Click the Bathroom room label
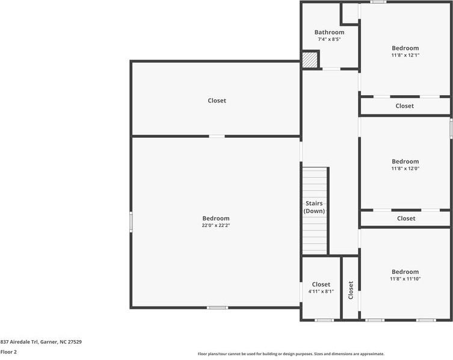coord(329,32)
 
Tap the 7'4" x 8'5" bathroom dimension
coord(329,39)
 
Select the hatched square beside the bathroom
coord(310,60)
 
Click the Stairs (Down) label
coord(314,207)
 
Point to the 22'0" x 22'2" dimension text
coord(216,225)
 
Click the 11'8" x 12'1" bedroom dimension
coord(405,55)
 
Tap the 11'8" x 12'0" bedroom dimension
coord(405,169)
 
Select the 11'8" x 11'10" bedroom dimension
coord(405,279)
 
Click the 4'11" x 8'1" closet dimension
coord(321,291)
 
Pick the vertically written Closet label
coord(351,290)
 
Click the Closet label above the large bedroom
coord(217,101)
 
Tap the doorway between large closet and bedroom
coord(217,136)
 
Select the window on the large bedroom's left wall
coord(131,222)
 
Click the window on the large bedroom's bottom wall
coord(218,308)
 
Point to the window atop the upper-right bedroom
coord(378,2)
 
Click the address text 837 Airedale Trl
coord(19,342)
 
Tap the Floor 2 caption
coord(8,352)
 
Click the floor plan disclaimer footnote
coord(291,353)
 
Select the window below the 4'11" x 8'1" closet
coord(324,320)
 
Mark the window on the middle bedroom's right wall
coord(451,128)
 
